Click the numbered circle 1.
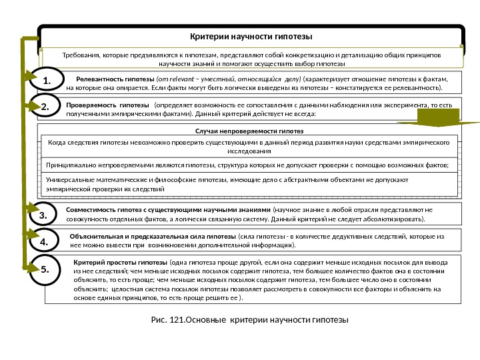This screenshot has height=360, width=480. pos(47,81)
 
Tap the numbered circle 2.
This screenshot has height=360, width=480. pos(46,107)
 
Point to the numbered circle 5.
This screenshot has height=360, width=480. pos(46,270)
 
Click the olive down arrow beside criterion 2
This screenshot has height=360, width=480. pos(437,118)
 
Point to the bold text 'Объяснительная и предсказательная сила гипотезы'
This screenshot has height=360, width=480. pos(153,236)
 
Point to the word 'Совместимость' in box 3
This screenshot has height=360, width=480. pos(91,209)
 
